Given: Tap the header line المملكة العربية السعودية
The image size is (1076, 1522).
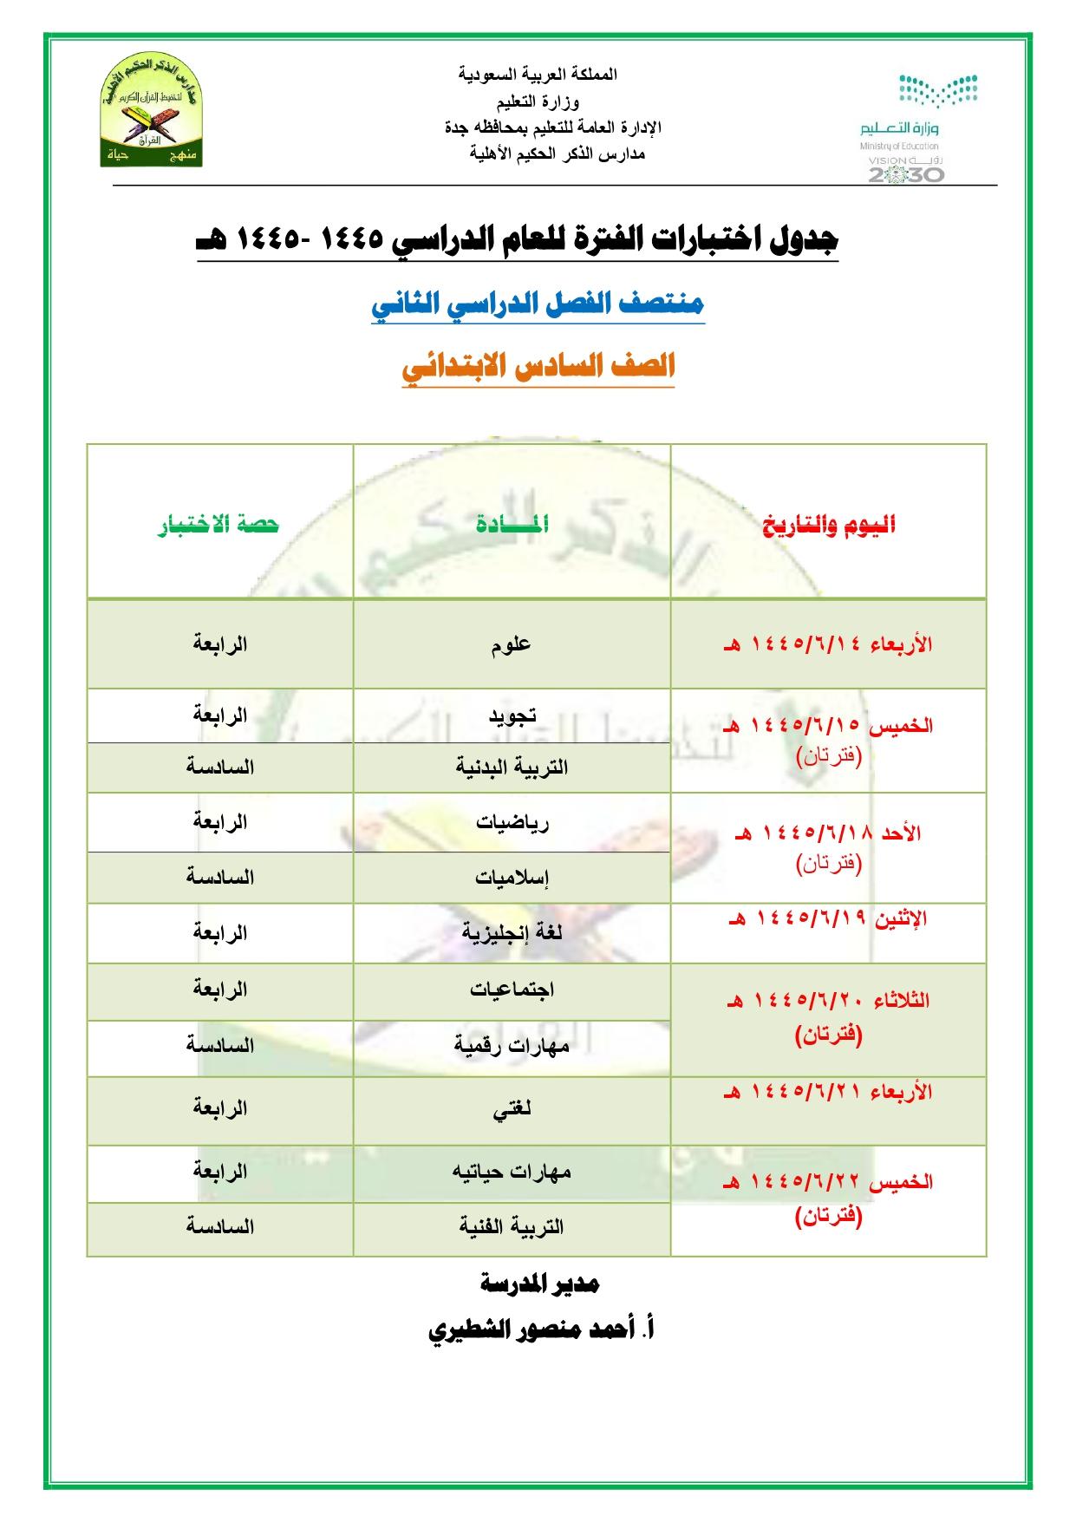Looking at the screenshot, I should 538,74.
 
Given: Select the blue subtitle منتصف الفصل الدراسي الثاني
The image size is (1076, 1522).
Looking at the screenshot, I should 538,304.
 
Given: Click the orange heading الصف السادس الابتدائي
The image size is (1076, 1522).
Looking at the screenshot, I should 538,367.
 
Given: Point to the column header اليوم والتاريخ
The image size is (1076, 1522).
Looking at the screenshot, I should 829,525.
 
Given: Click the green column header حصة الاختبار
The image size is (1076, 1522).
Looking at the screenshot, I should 218,525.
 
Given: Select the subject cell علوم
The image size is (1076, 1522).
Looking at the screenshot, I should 512,644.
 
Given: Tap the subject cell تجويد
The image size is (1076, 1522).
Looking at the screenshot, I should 512,715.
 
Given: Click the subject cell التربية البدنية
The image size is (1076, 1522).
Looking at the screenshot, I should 512,768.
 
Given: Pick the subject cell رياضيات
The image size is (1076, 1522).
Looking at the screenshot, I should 512,822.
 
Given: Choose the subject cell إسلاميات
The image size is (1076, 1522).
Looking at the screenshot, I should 512,877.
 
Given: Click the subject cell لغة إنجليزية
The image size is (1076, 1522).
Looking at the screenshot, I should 512,933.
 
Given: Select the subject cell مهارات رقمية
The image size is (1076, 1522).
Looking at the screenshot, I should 512,1045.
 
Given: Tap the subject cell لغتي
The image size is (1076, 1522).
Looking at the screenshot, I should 512,1109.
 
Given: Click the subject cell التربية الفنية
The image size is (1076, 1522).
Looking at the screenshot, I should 512,1226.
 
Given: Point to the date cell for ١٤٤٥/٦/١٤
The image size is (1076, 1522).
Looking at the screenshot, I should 828,644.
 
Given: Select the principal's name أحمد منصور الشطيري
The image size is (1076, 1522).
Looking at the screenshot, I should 541,1329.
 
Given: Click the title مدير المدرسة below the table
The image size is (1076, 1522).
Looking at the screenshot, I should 539,1284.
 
